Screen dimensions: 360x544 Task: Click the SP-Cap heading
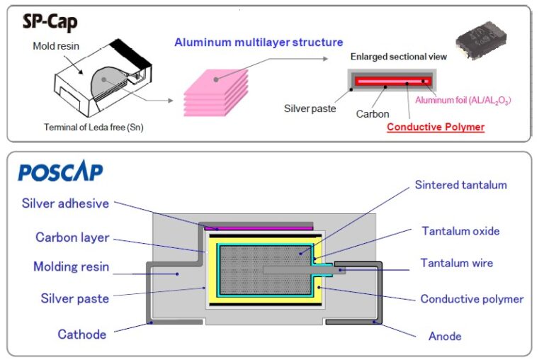[x=49, y=21]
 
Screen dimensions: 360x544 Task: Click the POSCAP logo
[x=60, y=172]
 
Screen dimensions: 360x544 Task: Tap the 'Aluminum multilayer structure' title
[x=259, y=43]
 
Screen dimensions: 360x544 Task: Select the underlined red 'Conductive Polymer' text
[x=436, y=127]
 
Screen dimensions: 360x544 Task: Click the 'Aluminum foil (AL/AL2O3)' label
[x=463, y=101]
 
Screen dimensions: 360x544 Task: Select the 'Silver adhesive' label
[x=66, y=203]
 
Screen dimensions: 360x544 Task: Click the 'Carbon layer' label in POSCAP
[x=72, y=237]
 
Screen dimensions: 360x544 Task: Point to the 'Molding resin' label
[x=72, y=267]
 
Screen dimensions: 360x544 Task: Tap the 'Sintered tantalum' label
[x=460, y=185]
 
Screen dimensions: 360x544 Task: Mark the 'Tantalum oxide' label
[x=460, y=231]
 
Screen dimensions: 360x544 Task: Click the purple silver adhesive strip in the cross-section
[x=259, y=227]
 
